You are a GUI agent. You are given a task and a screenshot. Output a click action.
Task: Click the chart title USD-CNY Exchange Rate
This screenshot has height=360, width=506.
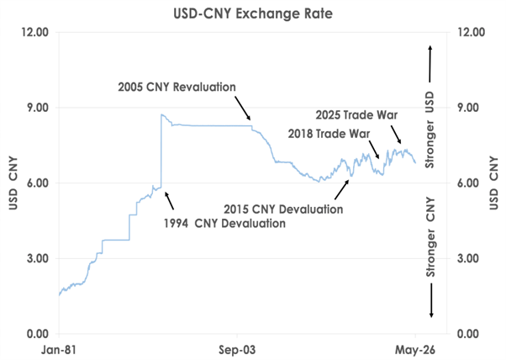[253, 13]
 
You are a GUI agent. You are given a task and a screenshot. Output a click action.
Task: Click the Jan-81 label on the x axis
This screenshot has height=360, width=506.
[59, 350]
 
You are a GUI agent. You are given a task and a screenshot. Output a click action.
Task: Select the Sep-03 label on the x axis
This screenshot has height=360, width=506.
[237, 350]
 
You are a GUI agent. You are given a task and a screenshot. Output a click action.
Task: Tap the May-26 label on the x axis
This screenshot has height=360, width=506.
[415, 350]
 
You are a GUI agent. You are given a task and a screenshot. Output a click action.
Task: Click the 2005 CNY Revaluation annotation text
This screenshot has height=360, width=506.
[177, 87]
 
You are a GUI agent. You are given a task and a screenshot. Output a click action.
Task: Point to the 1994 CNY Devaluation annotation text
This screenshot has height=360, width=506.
[224, 224]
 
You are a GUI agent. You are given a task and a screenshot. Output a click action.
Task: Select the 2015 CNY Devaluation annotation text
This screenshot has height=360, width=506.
[283, 209]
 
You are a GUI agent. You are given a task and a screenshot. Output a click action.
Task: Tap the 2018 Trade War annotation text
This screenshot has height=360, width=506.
[329, 134]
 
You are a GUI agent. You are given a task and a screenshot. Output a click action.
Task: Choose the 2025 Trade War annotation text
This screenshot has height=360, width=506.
[356, 115]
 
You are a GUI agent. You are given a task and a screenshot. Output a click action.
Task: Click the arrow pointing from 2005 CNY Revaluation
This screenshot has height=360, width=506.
[242, 109]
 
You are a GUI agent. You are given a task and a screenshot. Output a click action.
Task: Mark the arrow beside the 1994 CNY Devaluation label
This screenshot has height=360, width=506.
[170, 200]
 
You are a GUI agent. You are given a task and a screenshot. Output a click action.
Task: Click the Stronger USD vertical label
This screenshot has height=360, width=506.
[430, 130]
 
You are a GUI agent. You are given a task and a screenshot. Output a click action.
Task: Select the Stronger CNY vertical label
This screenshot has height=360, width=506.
[430, 237]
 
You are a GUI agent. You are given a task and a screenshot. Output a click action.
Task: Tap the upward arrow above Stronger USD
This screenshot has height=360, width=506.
[430, 64]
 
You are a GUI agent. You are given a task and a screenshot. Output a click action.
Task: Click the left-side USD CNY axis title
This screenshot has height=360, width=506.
[13, 183]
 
